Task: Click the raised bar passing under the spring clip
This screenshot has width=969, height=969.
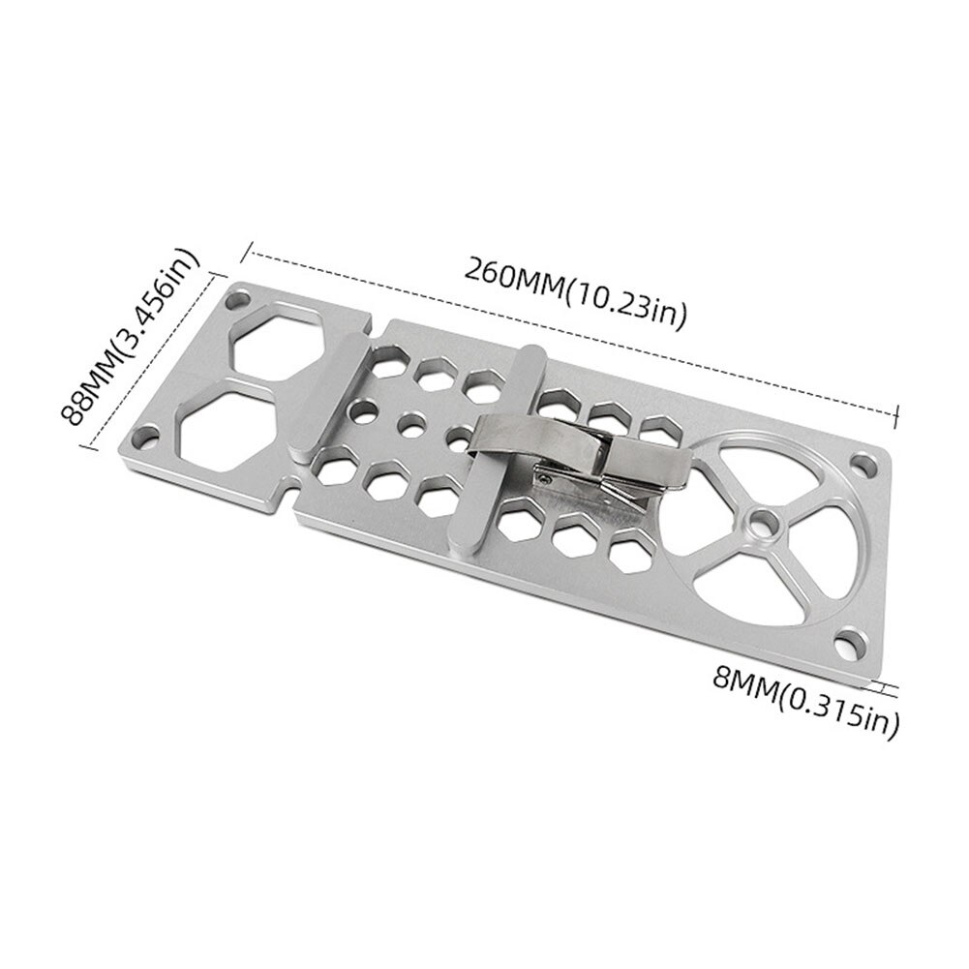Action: [494, 455]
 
